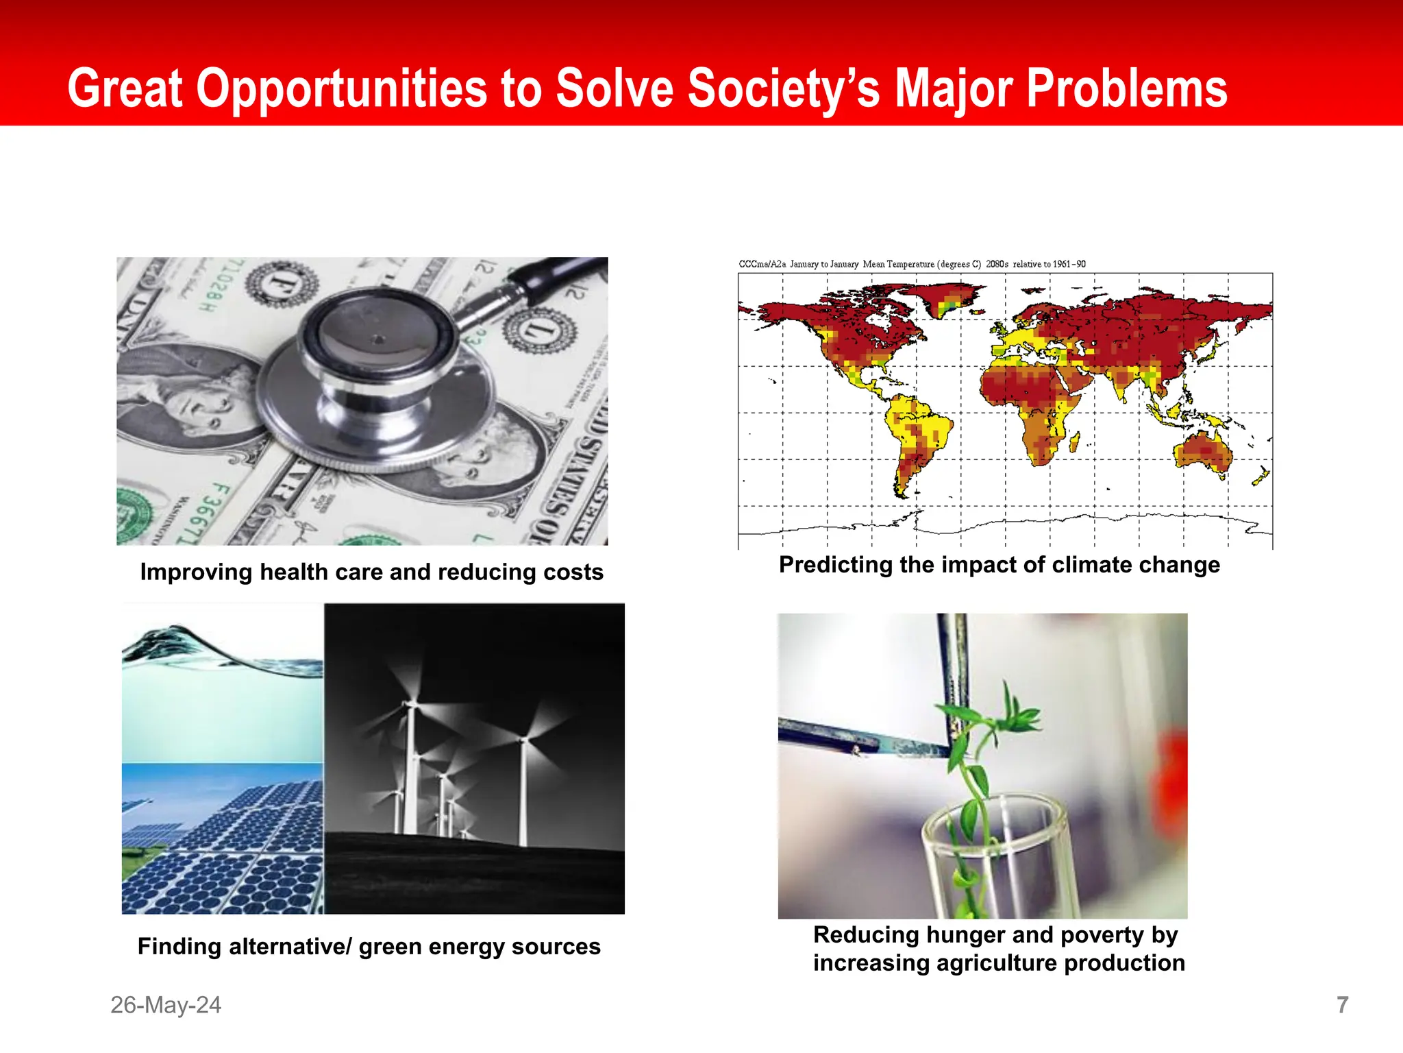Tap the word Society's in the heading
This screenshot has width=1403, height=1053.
[783, 89]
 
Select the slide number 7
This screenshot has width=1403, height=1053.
[1342, 1005]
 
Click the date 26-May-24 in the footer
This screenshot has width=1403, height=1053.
[166, 1005]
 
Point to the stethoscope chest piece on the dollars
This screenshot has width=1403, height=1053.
[377, 374]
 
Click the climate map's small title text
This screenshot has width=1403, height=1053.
[912, 264]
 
